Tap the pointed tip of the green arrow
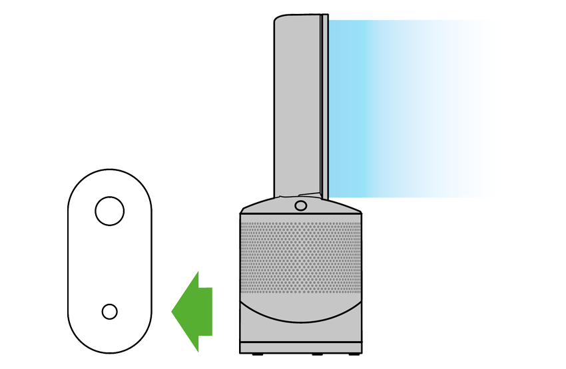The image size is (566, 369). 173,310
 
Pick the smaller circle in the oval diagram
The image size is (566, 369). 109,311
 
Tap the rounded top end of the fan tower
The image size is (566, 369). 297,18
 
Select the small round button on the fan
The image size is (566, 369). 300,205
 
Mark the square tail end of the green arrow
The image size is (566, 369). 208,310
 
